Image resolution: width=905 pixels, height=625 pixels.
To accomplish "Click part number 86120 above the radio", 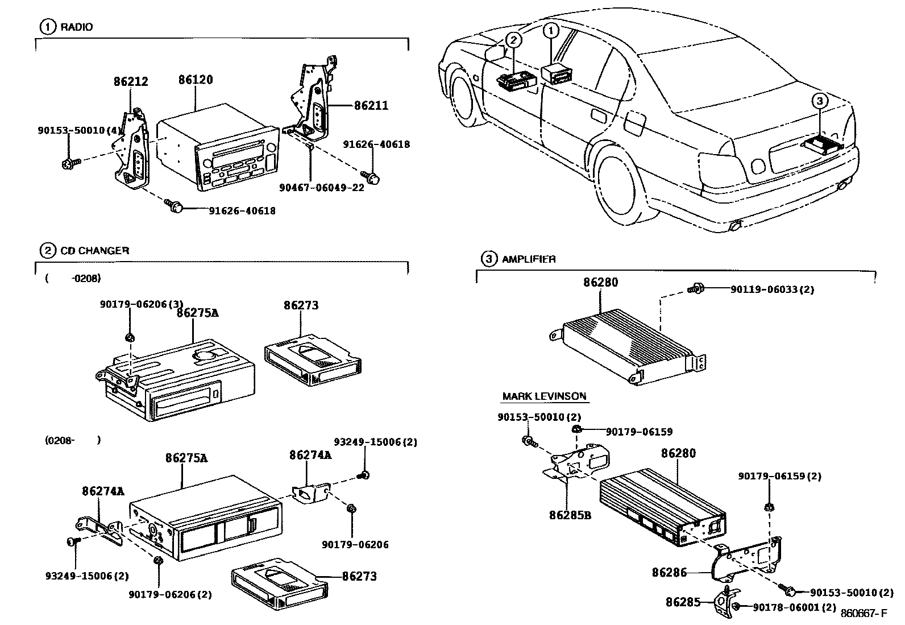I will (196, 80).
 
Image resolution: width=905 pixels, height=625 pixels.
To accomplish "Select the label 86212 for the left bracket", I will (131, 81).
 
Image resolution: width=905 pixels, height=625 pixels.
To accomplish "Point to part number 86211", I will (371, 105).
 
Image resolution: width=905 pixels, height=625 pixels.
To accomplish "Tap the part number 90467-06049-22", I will (322, 188).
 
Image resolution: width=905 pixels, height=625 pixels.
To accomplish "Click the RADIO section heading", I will (76, 27).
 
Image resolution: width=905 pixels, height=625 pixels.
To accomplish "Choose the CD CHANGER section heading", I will (94, 250).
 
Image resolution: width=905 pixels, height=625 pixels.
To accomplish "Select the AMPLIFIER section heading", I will (528, 259).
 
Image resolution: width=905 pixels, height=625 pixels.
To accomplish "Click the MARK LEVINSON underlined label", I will (544, 396).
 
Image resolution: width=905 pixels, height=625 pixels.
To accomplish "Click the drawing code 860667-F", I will (864, 613).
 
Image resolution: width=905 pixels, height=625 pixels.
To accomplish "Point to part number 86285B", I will (570, 515).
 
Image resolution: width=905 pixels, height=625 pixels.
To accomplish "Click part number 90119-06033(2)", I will (772, 289).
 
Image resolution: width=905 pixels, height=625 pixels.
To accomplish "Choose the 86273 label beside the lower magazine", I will (359, 576).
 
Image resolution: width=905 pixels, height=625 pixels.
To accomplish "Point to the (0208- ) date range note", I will (73, 440).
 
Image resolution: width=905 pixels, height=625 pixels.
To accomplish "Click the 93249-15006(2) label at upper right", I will (375, 442).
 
